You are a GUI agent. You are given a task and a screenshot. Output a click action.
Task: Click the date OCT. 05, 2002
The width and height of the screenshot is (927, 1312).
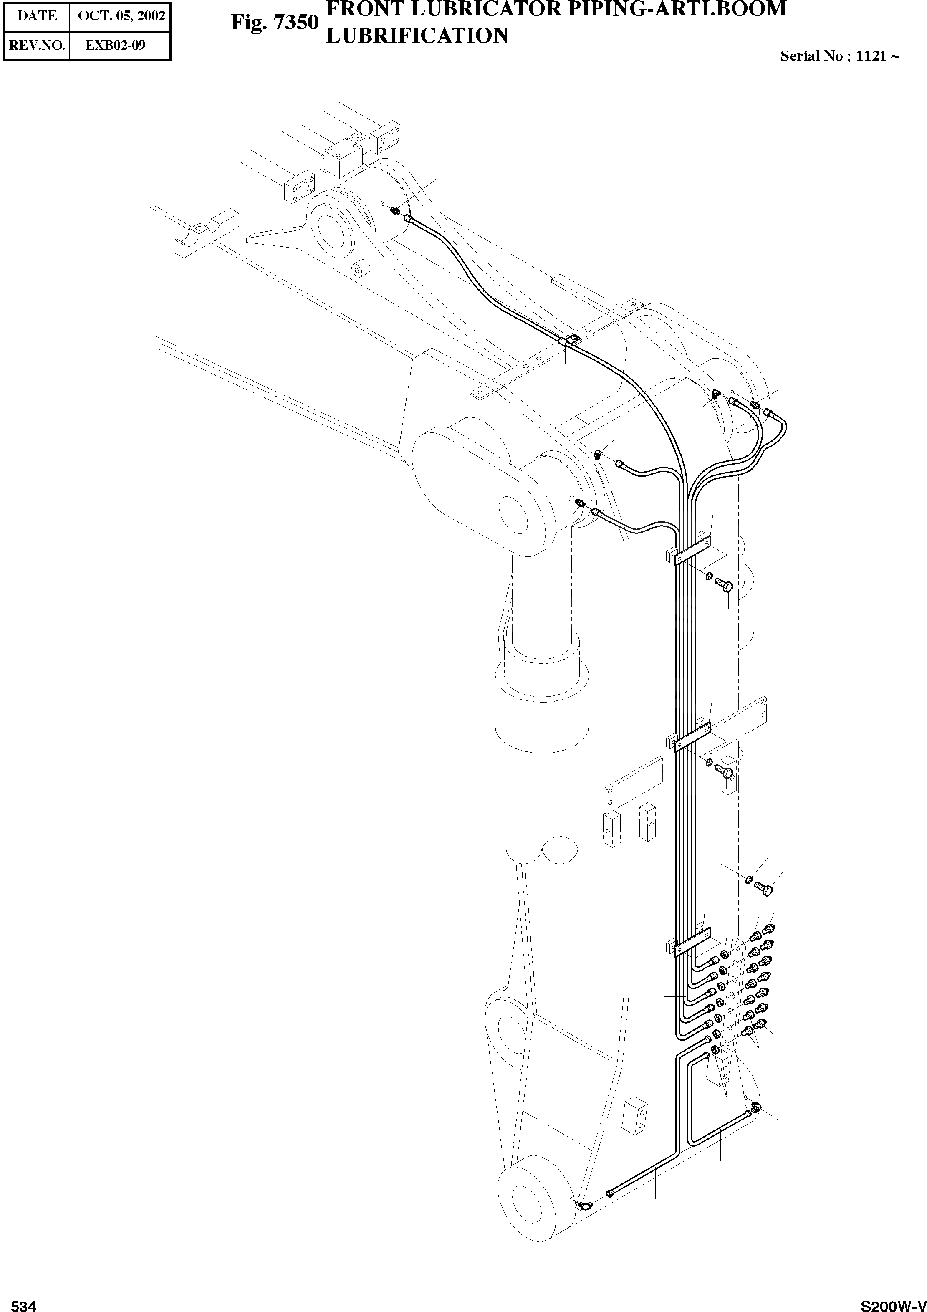(x=120, y=15)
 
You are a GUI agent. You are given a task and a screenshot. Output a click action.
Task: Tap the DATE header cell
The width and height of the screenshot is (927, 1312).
(x=37, y=15)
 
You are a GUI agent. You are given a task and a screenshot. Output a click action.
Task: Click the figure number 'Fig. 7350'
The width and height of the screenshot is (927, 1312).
(x=274, y=23)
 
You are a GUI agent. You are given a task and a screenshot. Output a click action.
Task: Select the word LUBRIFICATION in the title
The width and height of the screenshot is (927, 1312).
(x=417, y=36)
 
